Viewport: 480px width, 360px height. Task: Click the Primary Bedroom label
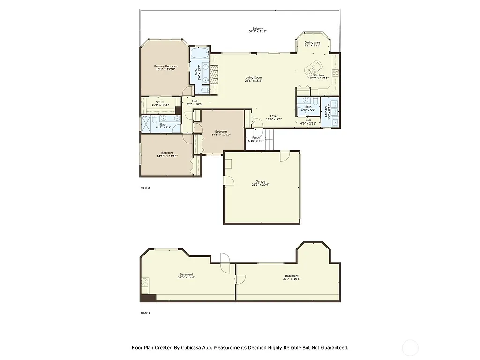165,66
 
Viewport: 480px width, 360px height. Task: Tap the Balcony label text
257,29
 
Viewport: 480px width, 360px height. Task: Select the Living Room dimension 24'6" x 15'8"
254,81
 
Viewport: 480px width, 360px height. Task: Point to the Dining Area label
312,42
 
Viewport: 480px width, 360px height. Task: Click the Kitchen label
319,75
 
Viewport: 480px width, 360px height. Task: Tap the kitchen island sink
312,71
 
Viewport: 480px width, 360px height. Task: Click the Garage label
261,181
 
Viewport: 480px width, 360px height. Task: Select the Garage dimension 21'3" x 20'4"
261,185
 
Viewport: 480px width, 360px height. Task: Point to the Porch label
256,137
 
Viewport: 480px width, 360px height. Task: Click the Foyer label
274,116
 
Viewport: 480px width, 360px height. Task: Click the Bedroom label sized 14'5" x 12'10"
221,131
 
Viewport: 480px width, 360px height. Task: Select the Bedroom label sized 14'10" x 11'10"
167,153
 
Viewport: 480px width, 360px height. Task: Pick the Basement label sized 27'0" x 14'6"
187,274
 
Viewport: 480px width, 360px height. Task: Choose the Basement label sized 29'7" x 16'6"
292,276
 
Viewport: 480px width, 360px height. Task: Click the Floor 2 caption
145,187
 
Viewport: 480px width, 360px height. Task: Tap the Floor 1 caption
145,313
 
